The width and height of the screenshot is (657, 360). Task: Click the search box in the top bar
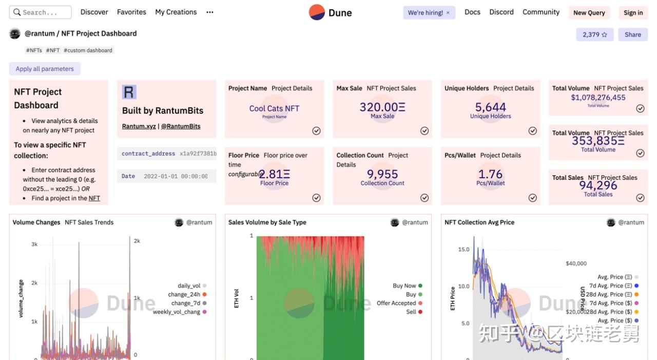[x=41, y=12]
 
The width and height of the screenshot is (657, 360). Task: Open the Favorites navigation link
[x=131, y=12]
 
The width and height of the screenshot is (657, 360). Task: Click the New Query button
[x=589, y=13]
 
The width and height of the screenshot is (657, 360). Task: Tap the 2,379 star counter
[x=594, y=34]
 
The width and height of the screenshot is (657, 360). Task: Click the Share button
[x=632, y=34]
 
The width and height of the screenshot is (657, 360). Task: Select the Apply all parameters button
[x=45, y=69]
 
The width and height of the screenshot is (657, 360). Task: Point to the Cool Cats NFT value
[x=274, y=108]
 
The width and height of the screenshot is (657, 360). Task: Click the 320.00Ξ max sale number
[x=382, y=107]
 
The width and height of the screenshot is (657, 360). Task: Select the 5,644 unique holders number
[x=490, y=107]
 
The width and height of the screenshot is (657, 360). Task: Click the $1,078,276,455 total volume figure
[x=598, y=98]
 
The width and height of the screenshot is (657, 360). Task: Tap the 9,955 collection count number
[x=382, y=174]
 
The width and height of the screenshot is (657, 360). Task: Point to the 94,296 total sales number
[x=598, y=185]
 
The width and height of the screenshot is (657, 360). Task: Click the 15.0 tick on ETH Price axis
[x=463, y=250]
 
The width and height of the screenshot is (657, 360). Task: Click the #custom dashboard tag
[x=88, y=50]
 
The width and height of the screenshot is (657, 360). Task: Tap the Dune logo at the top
[x=331, y=12]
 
